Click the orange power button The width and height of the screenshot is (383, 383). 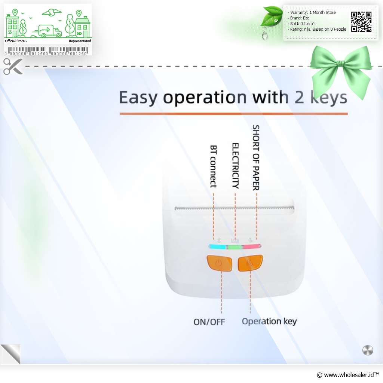click(x=219, y=263)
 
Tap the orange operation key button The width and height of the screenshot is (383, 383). click(x=250, y=263)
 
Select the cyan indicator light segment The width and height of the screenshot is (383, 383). click(x=218, y=247)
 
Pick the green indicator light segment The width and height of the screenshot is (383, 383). click(x=235, y=247)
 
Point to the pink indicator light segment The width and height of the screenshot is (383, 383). click(x=252, y=246)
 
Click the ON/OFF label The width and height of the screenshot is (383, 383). click(x=209, y=322)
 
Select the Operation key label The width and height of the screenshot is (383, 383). click(x=269, y=321)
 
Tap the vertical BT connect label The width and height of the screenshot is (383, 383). click(x=214, y=166)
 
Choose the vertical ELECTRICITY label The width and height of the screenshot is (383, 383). click(x=235, y=166)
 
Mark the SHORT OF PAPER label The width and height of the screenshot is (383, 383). click(x=256, y=158)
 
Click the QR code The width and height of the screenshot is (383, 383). click(x=361, y=22)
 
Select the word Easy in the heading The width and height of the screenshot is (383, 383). click(x=138, y=98)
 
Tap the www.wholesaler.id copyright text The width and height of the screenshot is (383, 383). click(x=347, y=375)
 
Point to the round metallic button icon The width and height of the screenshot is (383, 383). click(x=368, y=350)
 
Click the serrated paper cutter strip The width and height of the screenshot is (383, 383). click(x=235, y=208)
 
